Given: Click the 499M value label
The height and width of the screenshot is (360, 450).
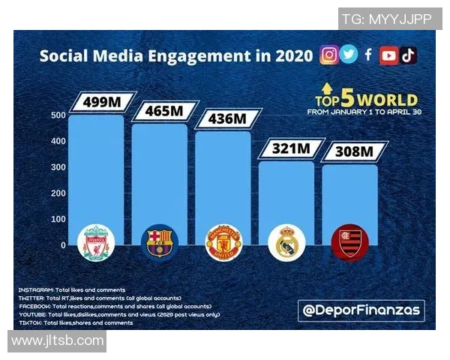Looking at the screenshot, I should (102, 101).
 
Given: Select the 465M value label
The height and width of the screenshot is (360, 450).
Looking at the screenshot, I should (163, 111).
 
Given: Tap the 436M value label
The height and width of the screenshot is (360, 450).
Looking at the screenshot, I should (226, 118).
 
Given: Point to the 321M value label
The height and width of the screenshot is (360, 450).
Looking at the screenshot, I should (289, 149).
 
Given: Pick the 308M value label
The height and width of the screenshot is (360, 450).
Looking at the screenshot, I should (352, 152).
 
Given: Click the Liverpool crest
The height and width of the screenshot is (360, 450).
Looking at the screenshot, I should (97, 242).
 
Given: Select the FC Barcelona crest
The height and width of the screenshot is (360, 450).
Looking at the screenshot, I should (160, 242).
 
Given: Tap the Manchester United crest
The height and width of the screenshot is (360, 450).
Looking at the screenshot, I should (223, 242).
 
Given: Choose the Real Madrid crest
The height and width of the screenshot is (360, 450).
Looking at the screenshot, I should (286, 242).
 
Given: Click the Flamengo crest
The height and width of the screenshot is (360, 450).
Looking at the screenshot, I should (350, 242).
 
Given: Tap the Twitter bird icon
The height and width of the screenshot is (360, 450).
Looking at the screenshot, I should (349, 55).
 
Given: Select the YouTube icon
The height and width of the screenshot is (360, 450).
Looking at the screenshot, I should (388, 55).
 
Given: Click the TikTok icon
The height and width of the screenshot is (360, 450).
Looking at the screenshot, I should (408, 55).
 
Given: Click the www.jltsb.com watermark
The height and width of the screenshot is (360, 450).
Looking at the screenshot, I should (58, 340).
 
